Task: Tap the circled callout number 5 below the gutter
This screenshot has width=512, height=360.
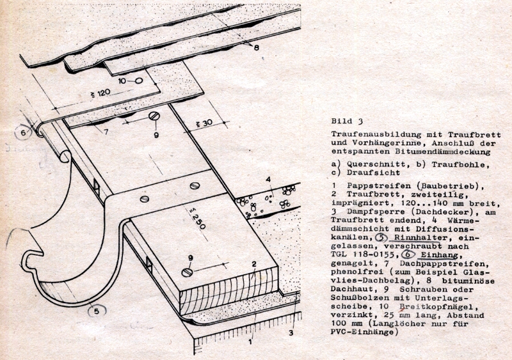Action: tap(97, 311)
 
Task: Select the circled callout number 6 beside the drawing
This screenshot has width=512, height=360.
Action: tap(22, 133)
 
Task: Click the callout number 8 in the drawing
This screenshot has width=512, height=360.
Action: tap(257, 48)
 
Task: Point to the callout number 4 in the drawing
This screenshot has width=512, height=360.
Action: tap(268, 179)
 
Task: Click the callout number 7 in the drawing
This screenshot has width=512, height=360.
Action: tap(106, 132)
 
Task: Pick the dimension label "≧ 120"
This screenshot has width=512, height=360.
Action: tap(100, 93)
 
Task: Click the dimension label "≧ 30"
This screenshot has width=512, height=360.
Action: tap(203, 123)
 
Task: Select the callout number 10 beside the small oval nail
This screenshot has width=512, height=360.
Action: tap(122, 81)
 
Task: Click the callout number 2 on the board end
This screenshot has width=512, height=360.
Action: tap(253, 264)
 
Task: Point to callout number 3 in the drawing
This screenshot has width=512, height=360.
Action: tap(291, 333)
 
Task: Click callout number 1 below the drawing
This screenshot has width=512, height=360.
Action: tap(250, 341)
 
